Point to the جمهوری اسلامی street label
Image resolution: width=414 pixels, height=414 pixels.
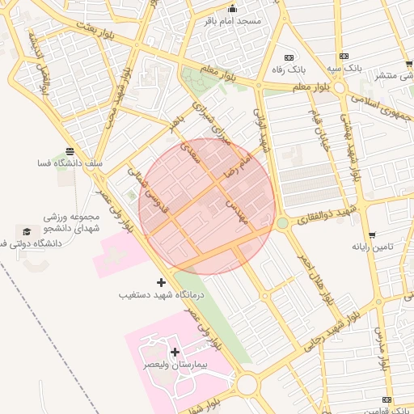[x=382, y=105]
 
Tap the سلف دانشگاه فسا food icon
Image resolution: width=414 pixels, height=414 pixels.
[x=70, y=151]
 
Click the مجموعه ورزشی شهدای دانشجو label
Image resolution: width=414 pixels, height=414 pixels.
[x=73, y=222]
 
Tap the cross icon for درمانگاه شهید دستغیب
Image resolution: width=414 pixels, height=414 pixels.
[x=161, y=282]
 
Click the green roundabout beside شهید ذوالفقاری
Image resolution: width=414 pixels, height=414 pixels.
[x=282, y=222]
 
